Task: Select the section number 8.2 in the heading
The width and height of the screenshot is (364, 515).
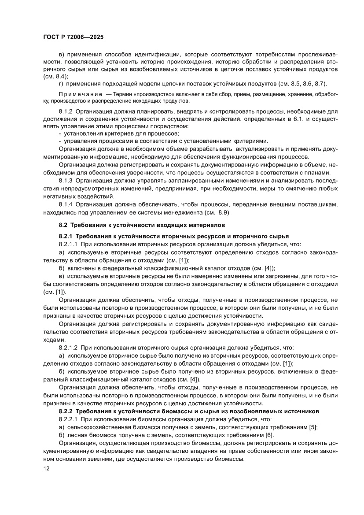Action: (x=64, y=225)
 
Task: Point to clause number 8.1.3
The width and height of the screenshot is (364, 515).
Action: (x=66, y=181)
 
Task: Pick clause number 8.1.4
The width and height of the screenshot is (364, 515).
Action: (x=66, y=205)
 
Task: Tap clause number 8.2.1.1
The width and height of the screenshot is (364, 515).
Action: (x=69, y=244)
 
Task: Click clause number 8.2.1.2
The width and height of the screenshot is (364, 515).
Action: (x=69, y=348)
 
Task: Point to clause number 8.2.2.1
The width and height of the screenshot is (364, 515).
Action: (x=69, y=419)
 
